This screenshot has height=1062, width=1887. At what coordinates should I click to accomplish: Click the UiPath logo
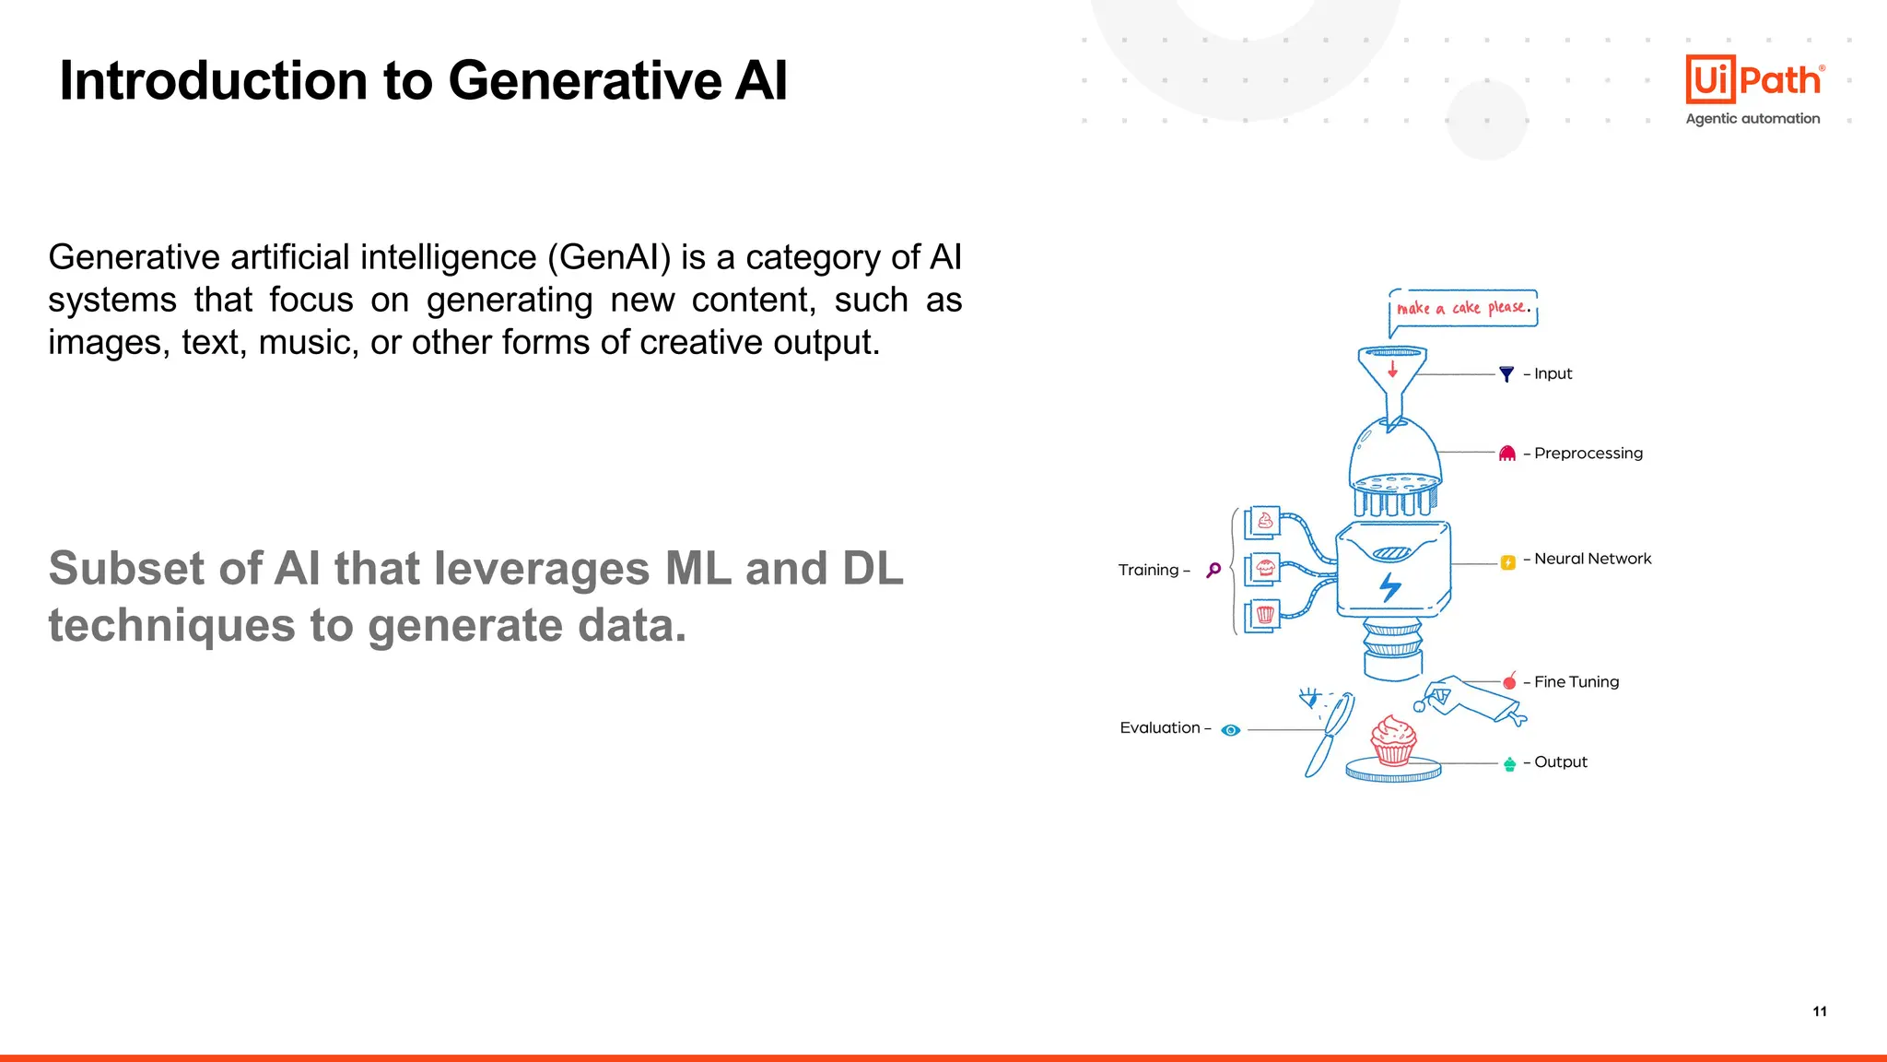(1753, 79)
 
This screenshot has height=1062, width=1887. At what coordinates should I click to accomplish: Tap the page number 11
(1819, 1011)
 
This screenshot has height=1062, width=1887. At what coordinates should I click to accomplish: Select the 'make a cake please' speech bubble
(1463, 308)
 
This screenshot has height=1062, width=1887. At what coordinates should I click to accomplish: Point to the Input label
(1553, 373)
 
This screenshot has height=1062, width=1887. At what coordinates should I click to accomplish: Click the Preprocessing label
(1588, 453)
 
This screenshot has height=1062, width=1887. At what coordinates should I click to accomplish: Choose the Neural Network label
(1592, 559)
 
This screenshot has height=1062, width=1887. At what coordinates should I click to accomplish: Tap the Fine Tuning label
(1576, 682)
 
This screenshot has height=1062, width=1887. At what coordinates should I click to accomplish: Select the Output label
(1560, 762)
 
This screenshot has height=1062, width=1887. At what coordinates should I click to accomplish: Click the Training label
(1148, 570)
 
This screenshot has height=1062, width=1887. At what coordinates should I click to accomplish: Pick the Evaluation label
(1160, 728)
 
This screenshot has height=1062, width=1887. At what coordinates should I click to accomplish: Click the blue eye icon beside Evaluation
(1231, 730)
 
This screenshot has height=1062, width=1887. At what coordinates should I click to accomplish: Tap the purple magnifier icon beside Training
(1213, 570)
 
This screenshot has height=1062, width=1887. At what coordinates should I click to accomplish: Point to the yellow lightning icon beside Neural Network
(1508, 562)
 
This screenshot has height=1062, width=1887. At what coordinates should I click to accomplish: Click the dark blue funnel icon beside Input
(1506, 374)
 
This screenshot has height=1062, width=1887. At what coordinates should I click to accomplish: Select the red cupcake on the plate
(1393, 740)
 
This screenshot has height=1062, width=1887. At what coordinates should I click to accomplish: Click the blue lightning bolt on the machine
(1390, 585)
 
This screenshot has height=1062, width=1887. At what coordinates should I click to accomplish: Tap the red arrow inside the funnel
(1392, 369)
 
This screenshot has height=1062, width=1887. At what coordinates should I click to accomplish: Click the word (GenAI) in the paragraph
(609, 257)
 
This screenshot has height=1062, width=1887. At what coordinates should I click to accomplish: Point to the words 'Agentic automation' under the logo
(1752, 119)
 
